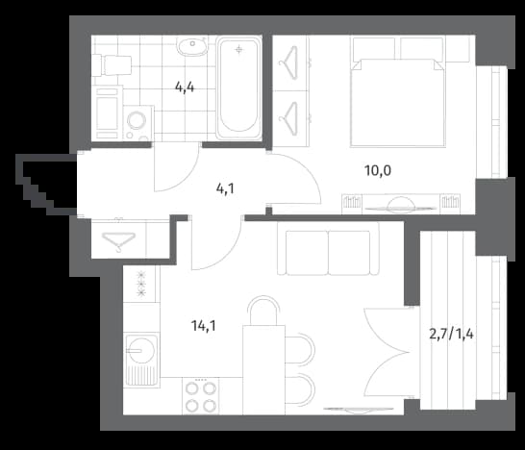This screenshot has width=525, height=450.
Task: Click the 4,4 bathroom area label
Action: pyautogui.click(x=185, y=87)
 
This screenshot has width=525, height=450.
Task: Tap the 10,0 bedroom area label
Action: pyautogui.click(x=378, y=171)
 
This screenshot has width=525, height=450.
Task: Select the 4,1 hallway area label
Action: pyautogui.click(x=225, y=189)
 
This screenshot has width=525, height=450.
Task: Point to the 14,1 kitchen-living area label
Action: pyautogui.click(x=203, y=325)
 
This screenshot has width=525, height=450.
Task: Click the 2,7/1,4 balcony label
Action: pyautogui.click(x=451, y=334)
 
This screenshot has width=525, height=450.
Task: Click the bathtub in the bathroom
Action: pyautogui.click(x=238, y=87)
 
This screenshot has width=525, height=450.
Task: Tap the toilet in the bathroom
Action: pyautogui.click(x=112, y=65)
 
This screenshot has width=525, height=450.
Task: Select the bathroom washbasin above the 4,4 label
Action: pyautogui.click(x=192, y=46)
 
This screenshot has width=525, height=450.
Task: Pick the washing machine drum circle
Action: pyautogui.click(x=137, y=120)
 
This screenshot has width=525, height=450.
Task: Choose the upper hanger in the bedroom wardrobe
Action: pyautogui.click(x=289, y=62)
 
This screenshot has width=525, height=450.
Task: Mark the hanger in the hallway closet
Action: pyautogui.click(x=118, y=240)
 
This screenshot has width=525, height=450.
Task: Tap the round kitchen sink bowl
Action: pyautogui.click(x=141, y=351)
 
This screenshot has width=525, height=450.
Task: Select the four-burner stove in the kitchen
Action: pyautogui.click(x=201, y=396)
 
